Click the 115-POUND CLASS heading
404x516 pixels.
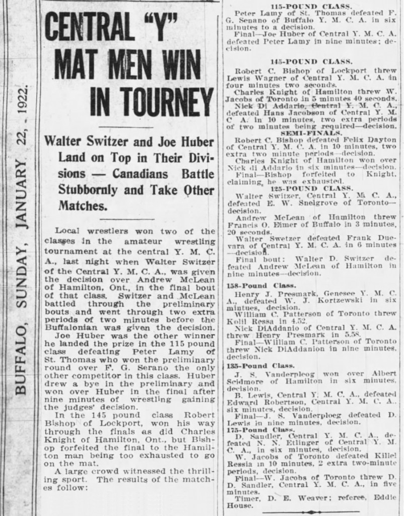(311, 6)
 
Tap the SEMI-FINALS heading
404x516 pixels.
(312, 133)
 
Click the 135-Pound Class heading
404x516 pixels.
(260, 366)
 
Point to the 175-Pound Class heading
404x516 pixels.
(260, 430)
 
